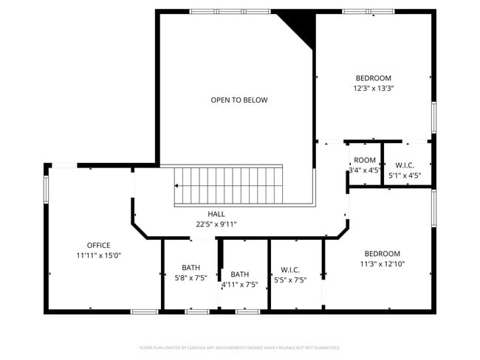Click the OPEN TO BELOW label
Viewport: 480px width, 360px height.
[x=239, y=100]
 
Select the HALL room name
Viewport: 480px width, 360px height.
[x=216, y=214]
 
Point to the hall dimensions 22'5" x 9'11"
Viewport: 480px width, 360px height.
[x=216, y=224]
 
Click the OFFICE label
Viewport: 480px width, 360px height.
[x=98, y=245]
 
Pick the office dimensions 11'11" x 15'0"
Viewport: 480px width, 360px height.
[x=98, y=255]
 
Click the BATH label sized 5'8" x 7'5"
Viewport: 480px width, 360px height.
[x=191, y=268]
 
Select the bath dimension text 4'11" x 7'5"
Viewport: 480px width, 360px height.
[x=239, y=284]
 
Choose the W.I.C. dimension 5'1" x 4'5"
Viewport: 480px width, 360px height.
[x=404, y=176]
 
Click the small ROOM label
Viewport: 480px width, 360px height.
[x=364, y=160]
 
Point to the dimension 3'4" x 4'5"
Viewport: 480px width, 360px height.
[x=364, y=170]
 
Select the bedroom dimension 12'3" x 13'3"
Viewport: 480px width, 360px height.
[x=373, y=88]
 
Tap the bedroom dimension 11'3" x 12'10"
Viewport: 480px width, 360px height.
[x=382, y=263]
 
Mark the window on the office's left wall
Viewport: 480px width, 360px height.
[x=47, y=189]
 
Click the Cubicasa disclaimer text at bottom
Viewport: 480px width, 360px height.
[x=240, y=347]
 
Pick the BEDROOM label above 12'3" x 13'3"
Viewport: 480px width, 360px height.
[x=373, y=77]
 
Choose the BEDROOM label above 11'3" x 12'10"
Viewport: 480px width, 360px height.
[x=382, y=253]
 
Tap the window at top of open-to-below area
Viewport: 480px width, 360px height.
[x=230, y=11]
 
